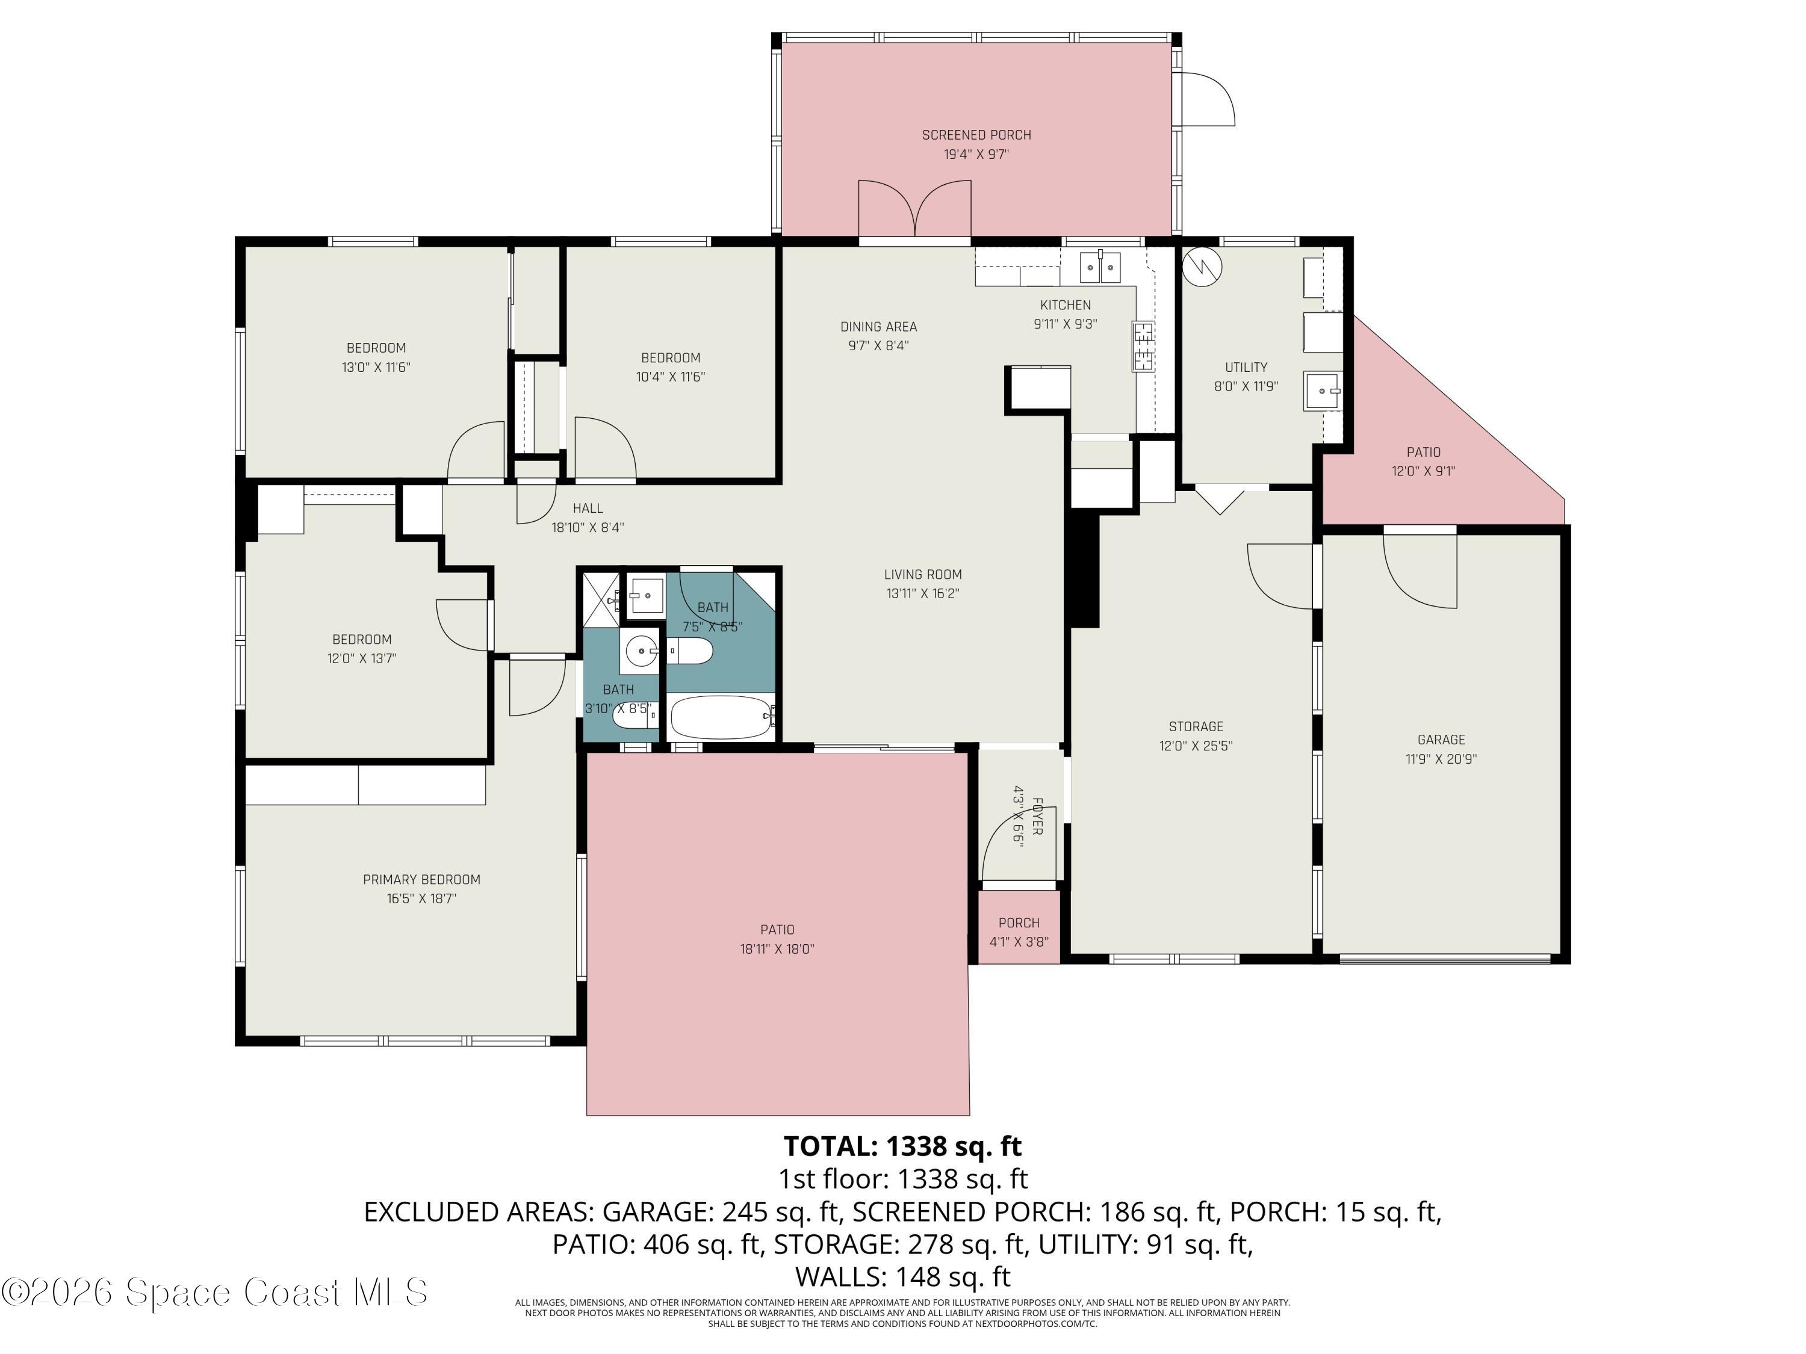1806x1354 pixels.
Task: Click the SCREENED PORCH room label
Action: (x=976, y=135)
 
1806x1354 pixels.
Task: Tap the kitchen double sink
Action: (x=1100, y=267)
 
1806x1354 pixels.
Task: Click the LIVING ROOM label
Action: (x=923, y=575)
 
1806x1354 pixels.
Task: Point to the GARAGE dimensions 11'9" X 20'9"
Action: (x=1441, y=759)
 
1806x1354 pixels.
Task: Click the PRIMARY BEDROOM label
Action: (x=421, y=880)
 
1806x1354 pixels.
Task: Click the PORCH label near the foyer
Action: (x=1019, y=923)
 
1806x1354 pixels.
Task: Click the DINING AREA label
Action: (x=878, y=326)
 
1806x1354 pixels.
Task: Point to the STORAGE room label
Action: (x=1196, y=726)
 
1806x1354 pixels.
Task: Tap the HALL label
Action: (x=588, y=509)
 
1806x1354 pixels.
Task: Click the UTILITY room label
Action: (x=1246, y=367)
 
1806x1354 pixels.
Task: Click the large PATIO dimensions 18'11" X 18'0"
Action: (x=777, y=949)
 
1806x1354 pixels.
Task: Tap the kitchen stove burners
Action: (x=1143, y=346)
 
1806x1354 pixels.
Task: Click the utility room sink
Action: (x=1323, y=391)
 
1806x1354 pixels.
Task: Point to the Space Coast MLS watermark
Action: (x=214, y=1292)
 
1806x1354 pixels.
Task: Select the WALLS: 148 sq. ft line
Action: (x=903, y=1276)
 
